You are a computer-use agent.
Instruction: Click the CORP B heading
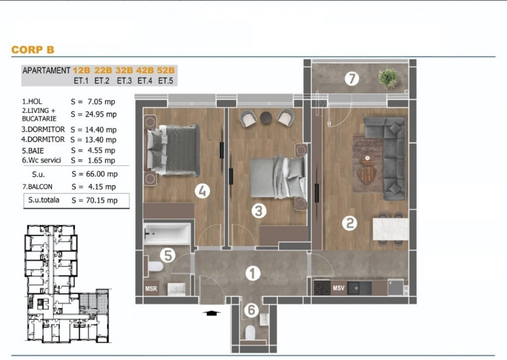[33, 50]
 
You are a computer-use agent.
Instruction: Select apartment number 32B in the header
[124, 70]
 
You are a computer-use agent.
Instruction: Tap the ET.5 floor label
[165, 81]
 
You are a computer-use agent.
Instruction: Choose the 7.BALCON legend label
[37, 187]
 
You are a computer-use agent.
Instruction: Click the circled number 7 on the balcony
[352, 78]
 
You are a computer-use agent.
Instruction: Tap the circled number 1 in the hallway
[253, 274]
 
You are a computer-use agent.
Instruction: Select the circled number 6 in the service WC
[251, 310]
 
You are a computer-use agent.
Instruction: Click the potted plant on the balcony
[388, 78]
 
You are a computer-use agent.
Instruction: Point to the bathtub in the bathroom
[167, 234]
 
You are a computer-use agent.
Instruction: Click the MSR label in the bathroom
[151, 289]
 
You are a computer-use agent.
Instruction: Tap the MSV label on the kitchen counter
[339, 288]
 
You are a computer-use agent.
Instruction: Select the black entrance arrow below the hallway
[211, 313]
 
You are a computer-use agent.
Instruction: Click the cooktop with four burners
[322, 288]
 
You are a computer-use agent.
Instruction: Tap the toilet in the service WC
[250, 332]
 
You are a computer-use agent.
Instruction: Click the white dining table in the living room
[391, 229]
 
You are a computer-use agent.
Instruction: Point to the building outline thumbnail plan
[67, 284]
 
